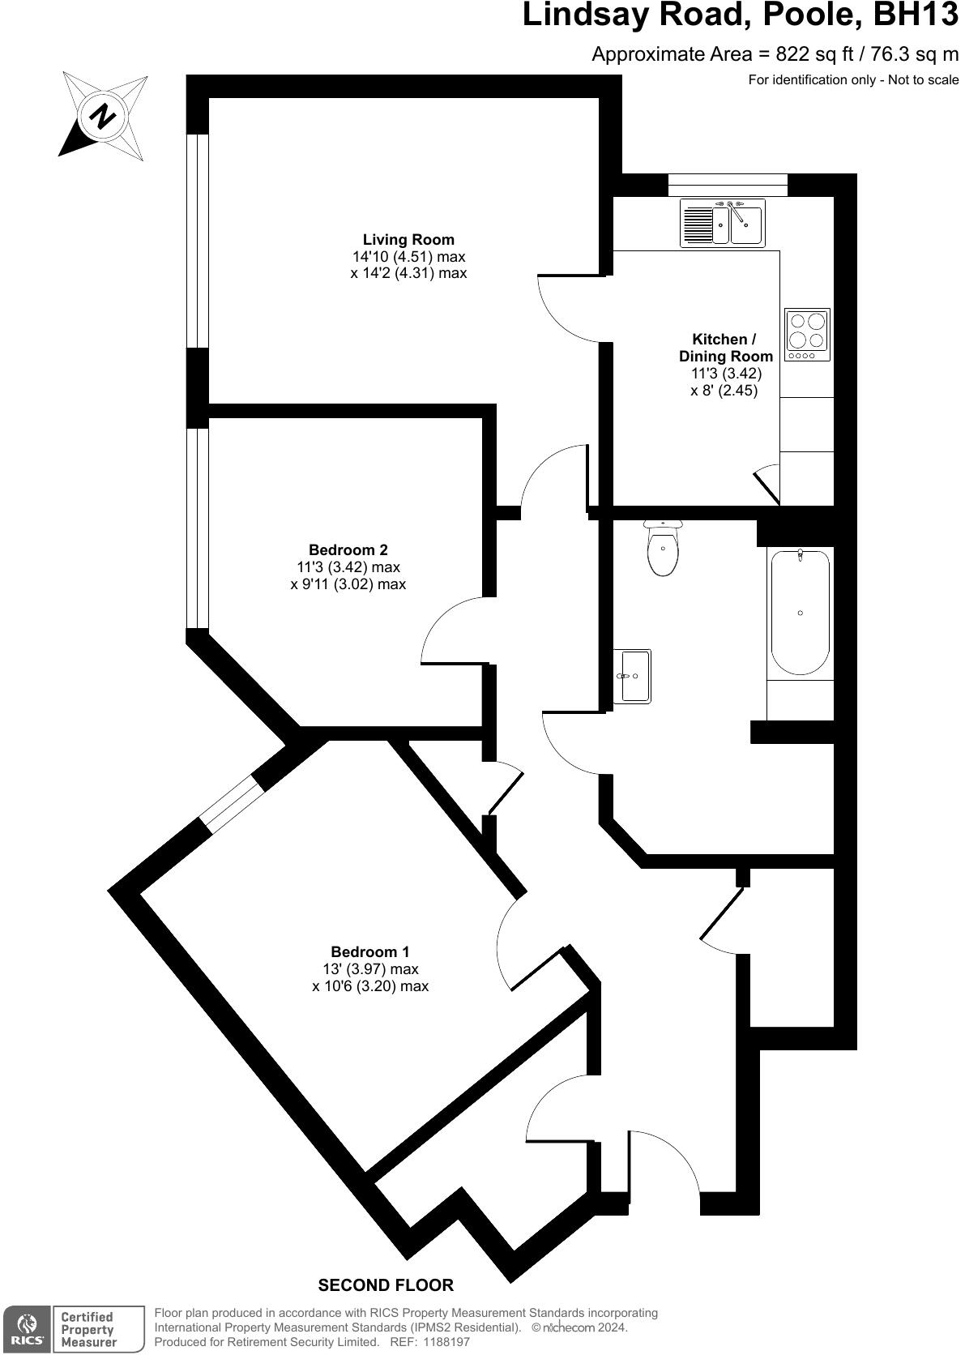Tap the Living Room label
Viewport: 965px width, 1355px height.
tap(408, 240)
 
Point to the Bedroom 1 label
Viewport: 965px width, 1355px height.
tap(369, 951)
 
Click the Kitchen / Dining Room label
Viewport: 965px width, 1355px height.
tap(724, 348)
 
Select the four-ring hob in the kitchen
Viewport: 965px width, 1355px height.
tap(807, 334)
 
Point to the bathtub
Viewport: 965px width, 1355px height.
tap(800, 612)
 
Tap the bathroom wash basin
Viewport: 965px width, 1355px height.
tap(632, 675)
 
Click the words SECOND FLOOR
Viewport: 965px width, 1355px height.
tap(386, 1285)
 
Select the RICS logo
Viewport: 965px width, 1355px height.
tap(27, 1330)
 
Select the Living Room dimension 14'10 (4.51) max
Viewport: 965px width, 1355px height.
tap(408, 257)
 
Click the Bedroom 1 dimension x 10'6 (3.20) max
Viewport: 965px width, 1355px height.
tap(369, 986)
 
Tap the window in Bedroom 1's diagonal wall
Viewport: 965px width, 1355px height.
tap(233, 805)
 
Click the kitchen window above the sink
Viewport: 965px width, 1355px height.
tap(728, 185)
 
